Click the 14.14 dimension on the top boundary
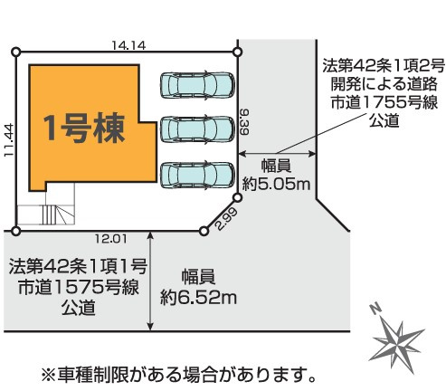pos(128,45)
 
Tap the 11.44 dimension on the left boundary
pos(9,139)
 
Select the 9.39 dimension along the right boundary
pos(244,122)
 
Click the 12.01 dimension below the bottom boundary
pos(111,239)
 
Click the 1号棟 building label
pos(84,128)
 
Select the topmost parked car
pos(197,86)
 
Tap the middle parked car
pos(197,129)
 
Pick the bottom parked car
pos(197,175)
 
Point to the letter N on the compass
pos(375,309)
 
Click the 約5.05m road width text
pos(276,184)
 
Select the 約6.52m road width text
pos(198,298)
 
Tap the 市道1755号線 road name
pos(384,102)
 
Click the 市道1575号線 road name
pos(79,287)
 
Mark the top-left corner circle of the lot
pos(16,52)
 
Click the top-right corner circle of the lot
pos(238,52)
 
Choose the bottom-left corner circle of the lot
pos(16,232)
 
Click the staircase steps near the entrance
pos(48,215)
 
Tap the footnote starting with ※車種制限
pos(178,375)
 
